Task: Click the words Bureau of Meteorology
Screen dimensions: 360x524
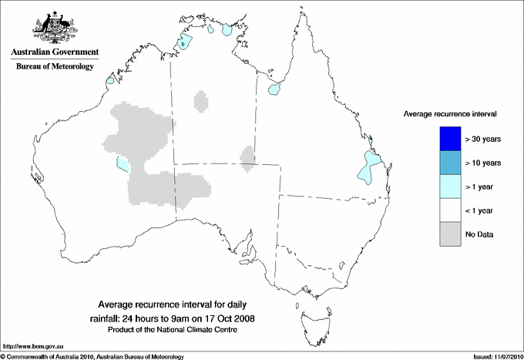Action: pos(55,67)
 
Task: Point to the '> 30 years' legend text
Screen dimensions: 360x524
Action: pos(483,140)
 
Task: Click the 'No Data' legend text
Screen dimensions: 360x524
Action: pos(479,234)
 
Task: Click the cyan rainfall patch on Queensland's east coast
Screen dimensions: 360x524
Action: pos(370,168)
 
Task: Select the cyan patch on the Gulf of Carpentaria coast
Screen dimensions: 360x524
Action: pos(274,90)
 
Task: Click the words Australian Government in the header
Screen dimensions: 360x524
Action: pos(54,52)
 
